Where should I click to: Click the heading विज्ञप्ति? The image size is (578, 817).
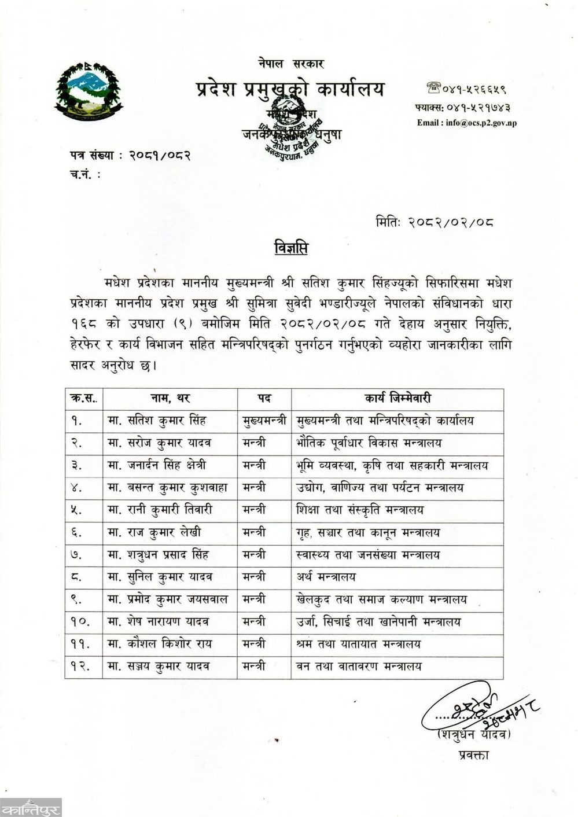(291, 248)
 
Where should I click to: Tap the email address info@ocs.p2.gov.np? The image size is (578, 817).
(466, 123)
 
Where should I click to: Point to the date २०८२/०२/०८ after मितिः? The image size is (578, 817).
(450, 222)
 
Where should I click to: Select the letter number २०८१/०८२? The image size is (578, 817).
(160, 155)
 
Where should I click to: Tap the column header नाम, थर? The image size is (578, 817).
(170, 398)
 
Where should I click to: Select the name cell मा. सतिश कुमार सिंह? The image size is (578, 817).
(157, 421)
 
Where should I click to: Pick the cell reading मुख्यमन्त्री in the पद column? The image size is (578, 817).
(264, 421)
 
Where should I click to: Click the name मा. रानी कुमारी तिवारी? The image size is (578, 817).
(160, 510)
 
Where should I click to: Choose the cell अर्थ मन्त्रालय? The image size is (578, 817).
(326, 577)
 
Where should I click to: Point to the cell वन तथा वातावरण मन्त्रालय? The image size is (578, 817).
(359, 666)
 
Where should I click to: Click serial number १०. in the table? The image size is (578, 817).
(80, 621)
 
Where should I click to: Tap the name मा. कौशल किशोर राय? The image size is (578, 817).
(160, 643)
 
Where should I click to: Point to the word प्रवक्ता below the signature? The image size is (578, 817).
(473, 755)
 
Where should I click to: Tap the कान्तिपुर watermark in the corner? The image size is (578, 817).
(30, 807)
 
